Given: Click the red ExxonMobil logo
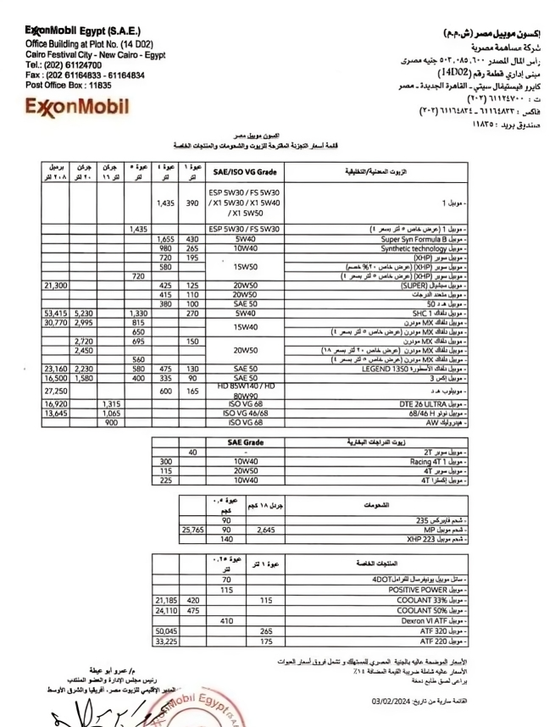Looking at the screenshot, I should (x=77, y=108).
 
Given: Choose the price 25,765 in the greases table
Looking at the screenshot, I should (x=194, y=530).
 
